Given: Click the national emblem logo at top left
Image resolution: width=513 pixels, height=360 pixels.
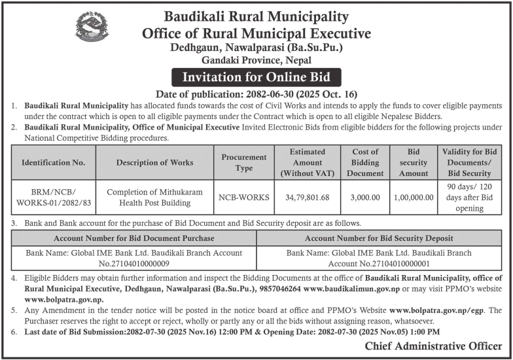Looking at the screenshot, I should pos(92,26).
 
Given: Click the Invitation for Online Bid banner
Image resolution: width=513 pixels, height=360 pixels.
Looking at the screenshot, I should pos(256,77).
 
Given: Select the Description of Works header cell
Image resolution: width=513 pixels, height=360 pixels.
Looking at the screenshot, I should pos(154,162).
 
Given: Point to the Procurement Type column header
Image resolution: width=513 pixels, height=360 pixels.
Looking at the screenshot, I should pos(244,162).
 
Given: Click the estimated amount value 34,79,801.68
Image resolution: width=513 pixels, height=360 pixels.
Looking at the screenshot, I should pos(308,196).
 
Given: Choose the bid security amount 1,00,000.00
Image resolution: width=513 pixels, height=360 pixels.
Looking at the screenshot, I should pos(414,196).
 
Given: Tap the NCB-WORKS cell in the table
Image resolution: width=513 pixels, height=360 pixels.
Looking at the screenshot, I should pos(244,196).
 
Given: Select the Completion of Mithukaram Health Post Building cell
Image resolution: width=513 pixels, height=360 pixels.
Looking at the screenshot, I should pos(154,196).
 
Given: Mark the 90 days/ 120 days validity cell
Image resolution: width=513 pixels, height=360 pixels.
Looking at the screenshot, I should pos(469,196).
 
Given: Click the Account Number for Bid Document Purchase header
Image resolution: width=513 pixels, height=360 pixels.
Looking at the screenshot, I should pos(133,238).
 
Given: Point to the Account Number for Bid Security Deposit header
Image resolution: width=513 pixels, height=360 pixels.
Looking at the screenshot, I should pos(379,238).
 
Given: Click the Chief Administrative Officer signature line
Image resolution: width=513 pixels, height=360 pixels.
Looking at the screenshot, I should pos(434,346).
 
